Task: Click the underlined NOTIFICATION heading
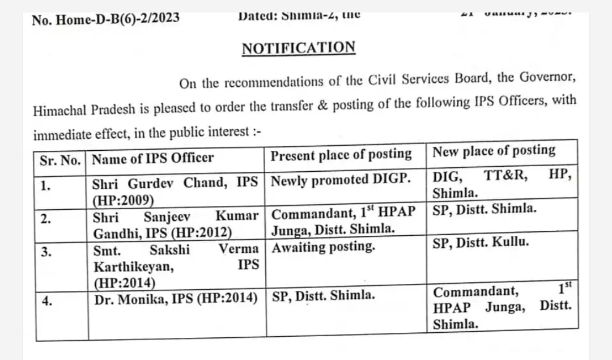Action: coord(299,48)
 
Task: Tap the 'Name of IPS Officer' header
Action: coord(153,158)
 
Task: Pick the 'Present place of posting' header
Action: coord(341,154)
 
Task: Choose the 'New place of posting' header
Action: coord(494,151)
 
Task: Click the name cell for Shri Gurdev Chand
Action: coord(176,190)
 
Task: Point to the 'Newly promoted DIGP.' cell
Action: coord(341,180)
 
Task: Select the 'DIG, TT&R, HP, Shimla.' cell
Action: coord(502,184)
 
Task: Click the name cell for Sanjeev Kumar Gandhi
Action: coord(176,223)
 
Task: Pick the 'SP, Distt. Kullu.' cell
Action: coord(481,242)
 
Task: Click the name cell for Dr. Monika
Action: coord(176,299)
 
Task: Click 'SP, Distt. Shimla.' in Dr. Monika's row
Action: coord(324,295)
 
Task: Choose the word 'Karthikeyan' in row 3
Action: coord(134,266)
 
